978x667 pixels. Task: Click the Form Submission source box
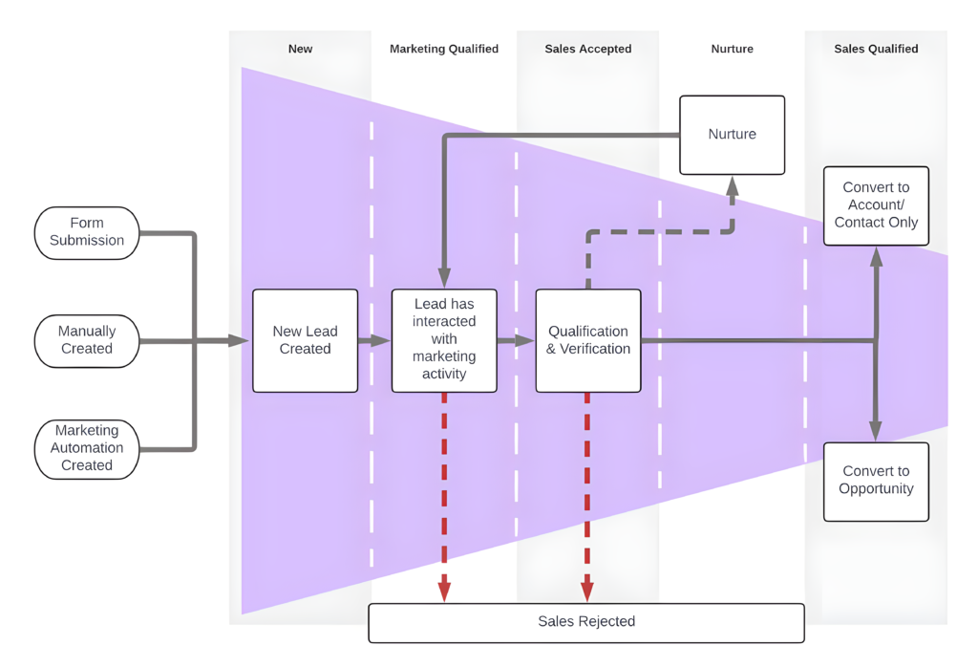tap(87, 232)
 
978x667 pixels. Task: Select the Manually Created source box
tap(87, 340)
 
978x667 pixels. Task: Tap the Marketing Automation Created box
tap(87, 448)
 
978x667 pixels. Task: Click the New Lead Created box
tap(305, 340)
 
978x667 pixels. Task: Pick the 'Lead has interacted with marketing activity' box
tap(444, 340)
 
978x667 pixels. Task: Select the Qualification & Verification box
tap(587, 340)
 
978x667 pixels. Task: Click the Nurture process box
tap(732, 135)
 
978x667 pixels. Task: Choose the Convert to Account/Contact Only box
tap(876, 205)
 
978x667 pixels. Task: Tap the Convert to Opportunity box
tap(876, 481)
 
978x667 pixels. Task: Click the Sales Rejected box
tap(586, 622)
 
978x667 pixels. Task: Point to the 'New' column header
tap(300, 49)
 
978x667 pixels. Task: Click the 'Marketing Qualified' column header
tap(444, 49)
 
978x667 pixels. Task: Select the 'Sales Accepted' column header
tap(587, 49)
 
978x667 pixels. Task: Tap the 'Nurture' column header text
tap(732, 49)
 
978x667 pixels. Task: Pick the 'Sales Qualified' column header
tap(876, 49)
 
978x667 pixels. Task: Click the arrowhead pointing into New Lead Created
tap(239, 340)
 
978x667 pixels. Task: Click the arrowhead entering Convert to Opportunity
tap(876, 432)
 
